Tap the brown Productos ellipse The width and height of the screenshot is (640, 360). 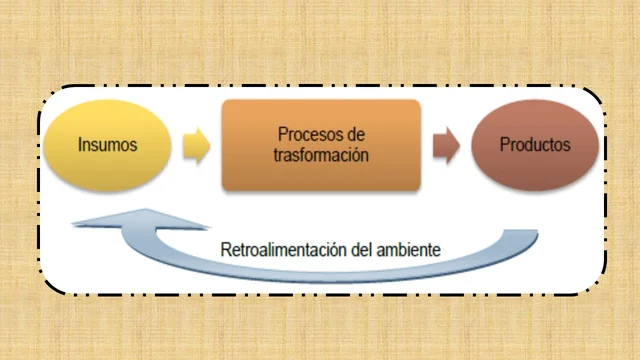[534, 146]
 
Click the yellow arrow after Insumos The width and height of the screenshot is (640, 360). [197, 147]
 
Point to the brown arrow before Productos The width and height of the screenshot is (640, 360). [446, 147]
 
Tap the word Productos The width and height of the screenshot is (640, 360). [535, 145]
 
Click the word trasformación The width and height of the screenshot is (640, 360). [321, 156]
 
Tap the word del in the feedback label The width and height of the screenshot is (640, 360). [357, 248]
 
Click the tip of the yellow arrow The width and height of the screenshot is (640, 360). [209, 147]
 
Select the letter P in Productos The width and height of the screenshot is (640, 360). [505, 145]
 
